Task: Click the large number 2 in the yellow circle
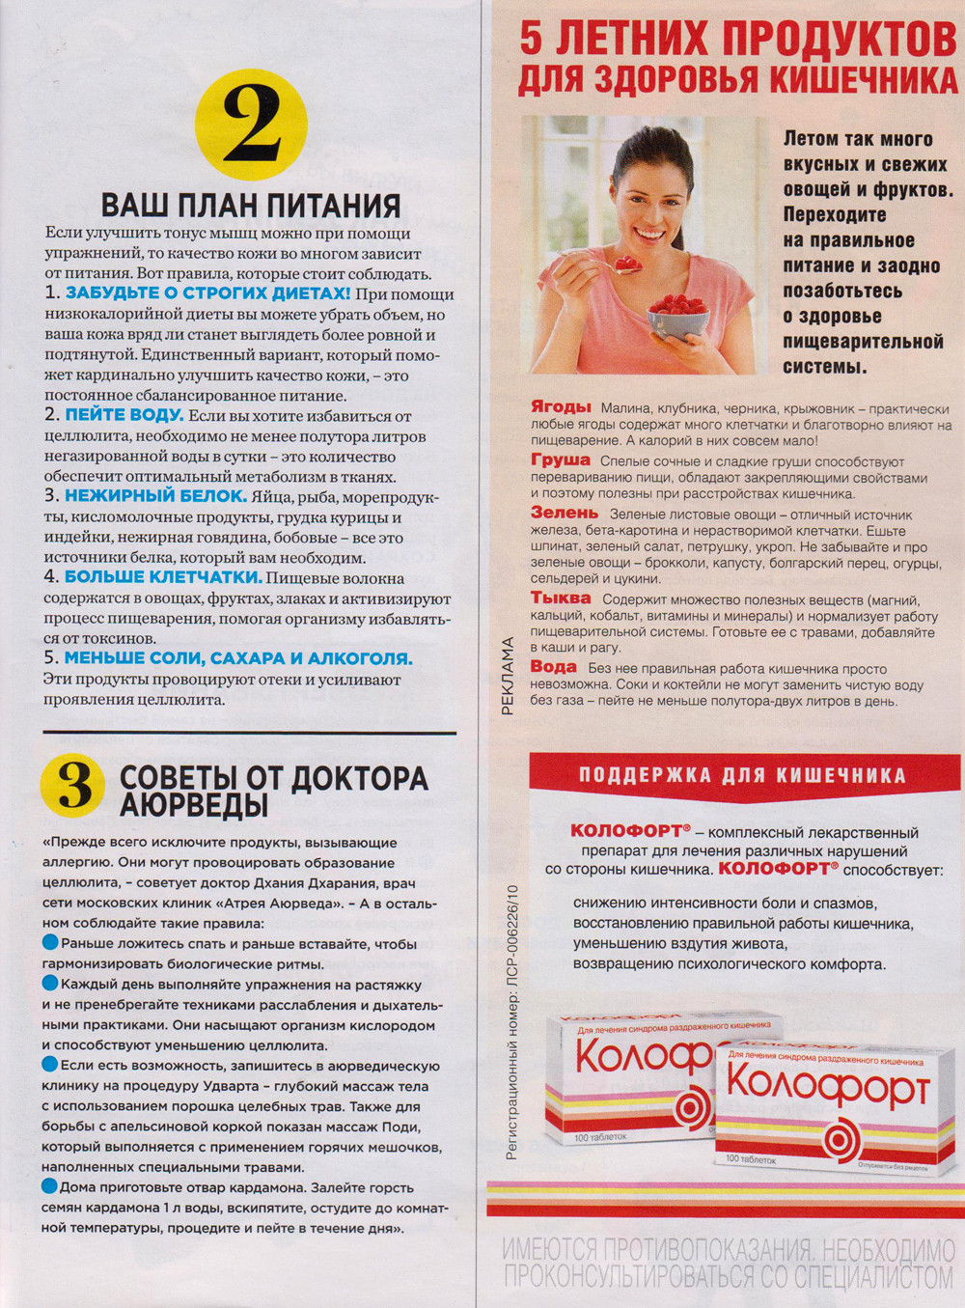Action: click(x=251, y=125)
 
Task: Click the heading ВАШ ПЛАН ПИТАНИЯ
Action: click(x=251, y=206)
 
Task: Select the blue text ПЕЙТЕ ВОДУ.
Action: click(x=124, y=415)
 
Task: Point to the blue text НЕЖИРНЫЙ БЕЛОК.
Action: click(x=155, y=496)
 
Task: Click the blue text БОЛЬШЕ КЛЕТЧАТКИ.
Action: click(x=163, y=577)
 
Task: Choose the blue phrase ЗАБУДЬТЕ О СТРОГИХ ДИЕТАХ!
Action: click(x=207, y=293)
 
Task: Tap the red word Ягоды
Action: click(x=561, y=406)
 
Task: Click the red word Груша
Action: click(x=560, y=460)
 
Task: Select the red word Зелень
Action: click(x=565, y=513)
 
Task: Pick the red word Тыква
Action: click(x=561, y=598)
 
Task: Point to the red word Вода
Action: click(x=553, y=666)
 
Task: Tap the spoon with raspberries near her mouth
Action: click(x=626, y=263)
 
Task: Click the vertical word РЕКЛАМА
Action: click(x=508, y=676)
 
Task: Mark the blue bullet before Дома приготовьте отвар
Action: click(x=49, y=1186)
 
